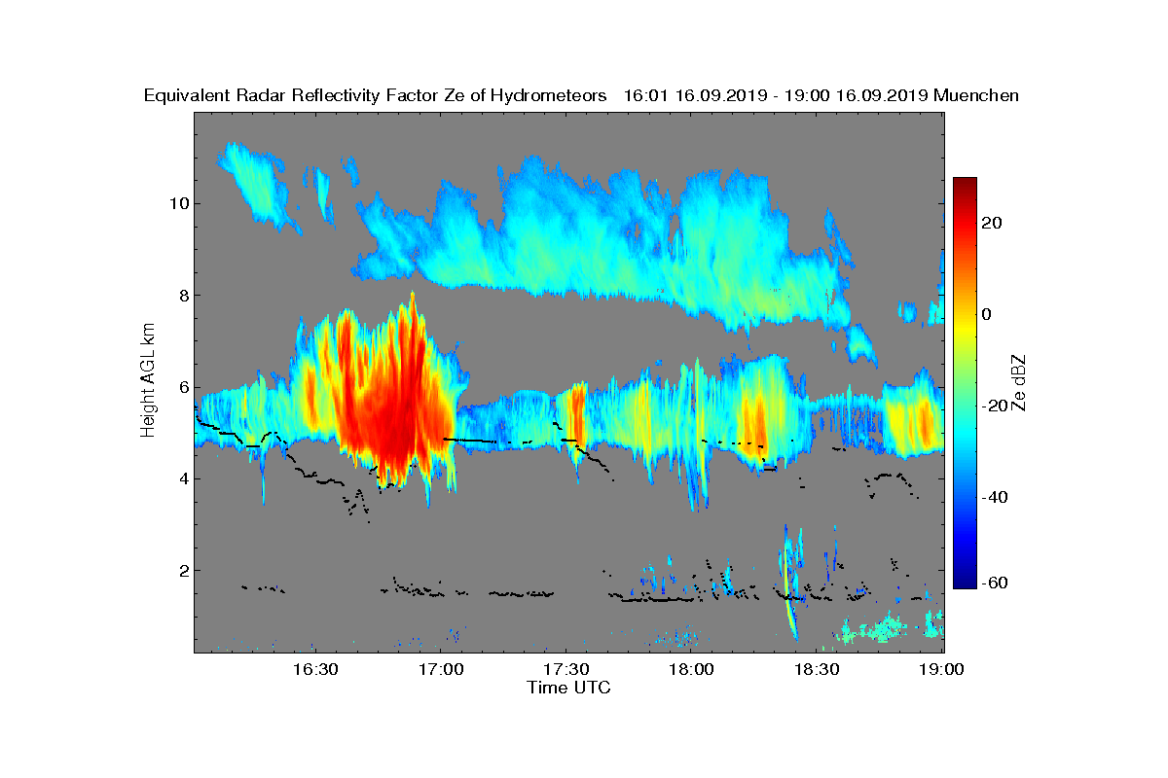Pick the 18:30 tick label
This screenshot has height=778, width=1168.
pos(819,669)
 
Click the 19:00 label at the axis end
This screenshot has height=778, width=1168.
pos(942,669)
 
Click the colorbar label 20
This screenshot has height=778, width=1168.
pos(992,223)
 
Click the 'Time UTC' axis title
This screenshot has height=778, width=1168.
pos(569,688)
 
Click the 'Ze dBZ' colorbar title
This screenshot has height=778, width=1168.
pos(1019,383)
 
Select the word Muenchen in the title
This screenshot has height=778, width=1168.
pos(975,95)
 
